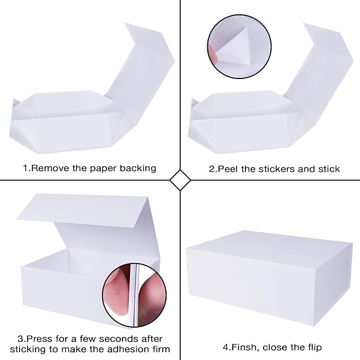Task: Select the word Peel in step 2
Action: click(227, 169)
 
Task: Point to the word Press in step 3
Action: click(38, 338)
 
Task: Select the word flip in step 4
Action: click(312, 347)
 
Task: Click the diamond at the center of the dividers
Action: click(180, 180)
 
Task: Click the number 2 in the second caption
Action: click(212, 169)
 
